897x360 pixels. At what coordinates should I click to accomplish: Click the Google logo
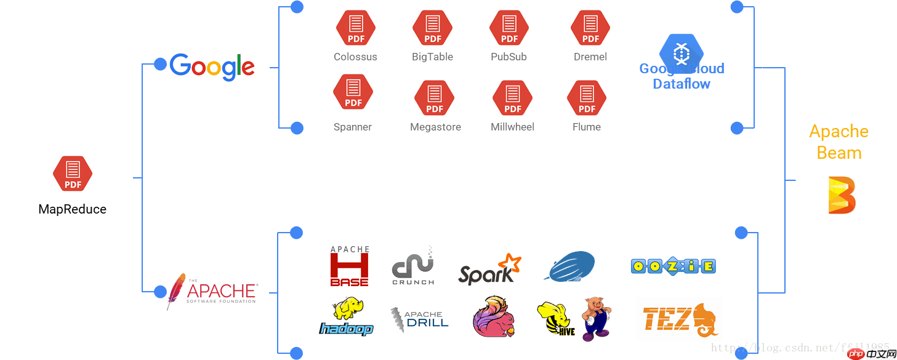tap(212, 67)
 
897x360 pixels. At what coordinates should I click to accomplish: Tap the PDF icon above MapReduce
tap(73, 174)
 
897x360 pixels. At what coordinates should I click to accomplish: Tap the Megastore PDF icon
tap(435, 98)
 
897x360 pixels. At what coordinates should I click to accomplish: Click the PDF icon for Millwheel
tap(512, 98)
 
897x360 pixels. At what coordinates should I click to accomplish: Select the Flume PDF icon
tap(587, 98)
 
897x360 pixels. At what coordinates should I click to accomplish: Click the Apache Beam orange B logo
tap(842, 195)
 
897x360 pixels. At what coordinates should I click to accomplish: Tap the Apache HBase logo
tap(350, 266)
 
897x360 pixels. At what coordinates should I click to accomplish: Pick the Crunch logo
tap(413, 266)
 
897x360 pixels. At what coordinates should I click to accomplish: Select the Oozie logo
tap(673, 266)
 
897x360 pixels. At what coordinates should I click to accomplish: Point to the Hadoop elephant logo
tap(346, 317)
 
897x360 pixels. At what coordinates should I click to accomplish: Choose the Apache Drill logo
tap(420, 321)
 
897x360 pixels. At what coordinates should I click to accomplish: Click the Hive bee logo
tap(555, 319)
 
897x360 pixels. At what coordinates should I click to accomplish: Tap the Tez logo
tap(679, 319)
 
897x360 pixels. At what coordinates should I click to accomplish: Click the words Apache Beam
tap(839, 142)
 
